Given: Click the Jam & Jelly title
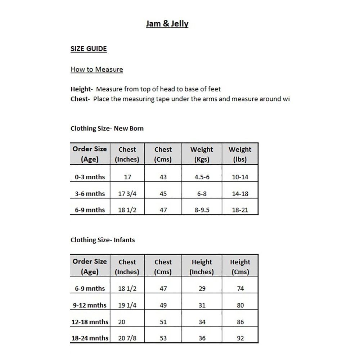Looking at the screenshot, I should click(x=167, y=24).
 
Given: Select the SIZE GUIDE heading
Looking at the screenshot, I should click(x=89, y=49).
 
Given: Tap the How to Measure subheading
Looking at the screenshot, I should click(x=96, y=69).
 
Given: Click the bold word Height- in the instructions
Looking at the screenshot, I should click(x=82, y=89).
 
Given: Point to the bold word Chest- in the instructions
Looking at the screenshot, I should click(x=80, y=99).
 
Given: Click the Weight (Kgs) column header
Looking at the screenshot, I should click(x=202, y=154).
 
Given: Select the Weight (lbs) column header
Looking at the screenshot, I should click(x=240, y=154).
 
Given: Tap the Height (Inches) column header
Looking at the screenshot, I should click(x=202, y=267).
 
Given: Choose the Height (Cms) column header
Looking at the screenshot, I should click(x=240, y=267).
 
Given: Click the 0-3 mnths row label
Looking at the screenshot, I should click(x=90, y=177).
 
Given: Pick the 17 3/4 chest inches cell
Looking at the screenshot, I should click(x=127, y=194).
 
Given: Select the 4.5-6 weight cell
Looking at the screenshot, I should click(x=202, y=177).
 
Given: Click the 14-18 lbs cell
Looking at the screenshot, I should click(x=240, y=194).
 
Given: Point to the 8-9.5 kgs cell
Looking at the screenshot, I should click(x=202, y=210).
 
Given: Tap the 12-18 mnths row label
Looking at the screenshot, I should click(x=90, y=322).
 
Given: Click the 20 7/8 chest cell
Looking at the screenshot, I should click(x=127, y=338).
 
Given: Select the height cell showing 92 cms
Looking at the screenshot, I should click(x=240, y=338).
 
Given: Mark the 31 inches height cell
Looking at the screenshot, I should click(x=202, y=305).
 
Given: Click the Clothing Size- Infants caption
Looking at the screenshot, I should click(x=103, y=240).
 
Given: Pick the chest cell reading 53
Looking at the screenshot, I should click(x=163, y=338).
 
